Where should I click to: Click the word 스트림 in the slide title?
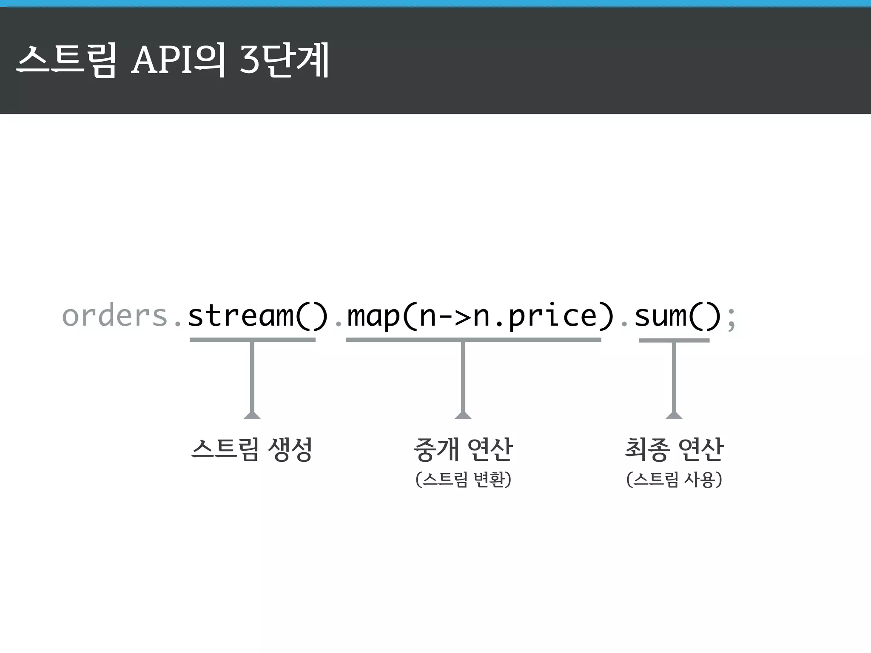[x=66, y=61]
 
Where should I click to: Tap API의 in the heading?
[x=178, y=61]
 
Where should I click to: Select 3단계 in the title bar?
[x=285, y=61]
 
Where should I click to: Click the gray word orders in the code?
[x=115, y=316]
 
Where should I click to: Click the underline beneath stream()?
[x=252, y=340]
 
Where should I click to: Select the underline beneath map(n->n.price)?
[x=473, y=340]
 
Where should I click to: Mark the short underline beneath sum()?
[x=674, y=340]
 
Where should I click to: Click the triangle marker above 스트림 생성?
[x=252, y=415]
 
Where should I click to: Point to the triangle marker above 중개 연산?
[x=463, y=415]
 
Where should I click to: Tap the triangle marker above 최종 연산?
[x=674, y=415]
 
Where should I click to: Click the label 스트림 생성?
[x=252, y=449]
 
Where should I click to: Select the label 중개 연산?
[x=463, y=449]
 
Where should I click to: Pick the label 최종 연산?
[x=674, y=449]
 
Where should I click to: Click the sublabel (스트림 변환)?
[x=463, y=480]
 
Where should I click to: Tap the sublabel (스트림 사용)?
[x=674, y=480]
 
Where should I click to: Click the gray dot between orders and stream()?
[x=178, y=325]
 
